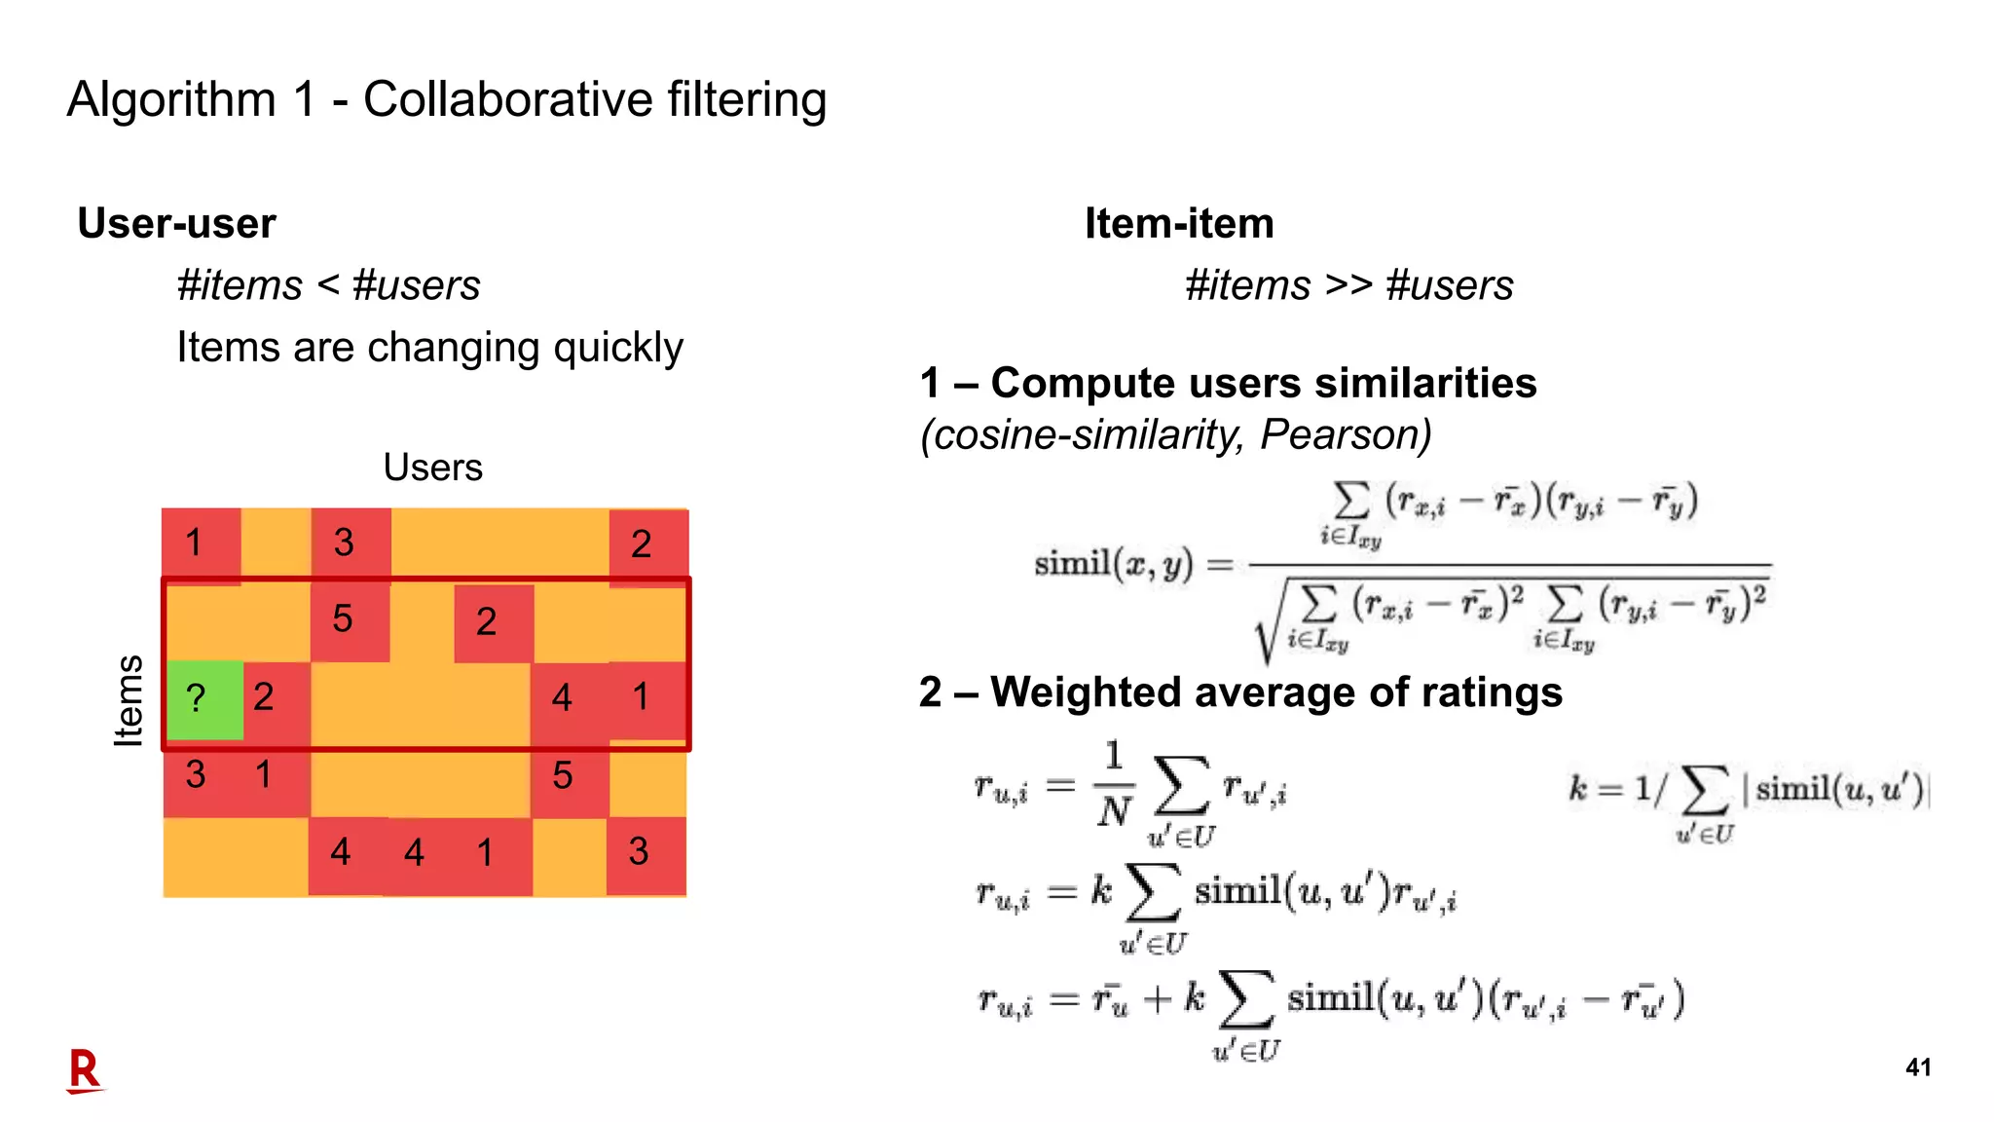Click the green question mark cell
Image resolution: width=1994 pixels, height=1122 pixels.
tap(203, 698)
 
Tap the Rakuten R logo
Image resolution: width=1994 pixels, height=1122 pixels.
tap(85, 1070)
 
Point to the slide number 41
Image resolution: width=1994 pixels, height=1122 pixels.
tap(1917, 1067)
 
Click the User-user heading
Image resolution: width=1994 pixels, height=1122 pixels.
tap(176, 224)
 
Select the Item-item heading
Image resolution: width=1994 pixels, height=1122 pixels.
tap(1179, 224)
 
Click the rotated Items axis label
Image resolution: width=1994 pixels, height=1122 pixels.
tap(129, 700)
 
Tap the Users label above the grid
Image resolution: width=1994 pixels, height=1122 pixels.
tap(432, 467)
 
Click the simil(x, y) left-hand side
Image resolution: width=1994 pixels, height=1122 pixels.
tap(1113, 564)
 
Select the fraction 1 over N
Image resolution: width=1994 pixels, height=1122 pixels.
tap(1114, 784)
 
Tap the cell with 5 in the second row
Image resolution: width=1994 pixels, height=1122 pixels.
tap(348, 620)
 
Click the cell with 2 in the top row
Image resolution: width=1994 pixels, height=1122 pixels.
tap(646, 544)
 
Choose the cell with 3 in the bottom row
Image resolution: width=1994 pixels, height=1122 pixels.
tap(645, 853)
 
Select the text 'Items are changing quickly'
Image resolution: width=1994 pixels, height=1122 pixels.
tap(429, 348)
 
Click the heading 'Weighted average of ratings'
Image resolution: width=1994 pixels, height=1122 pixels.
tap(1275, 692)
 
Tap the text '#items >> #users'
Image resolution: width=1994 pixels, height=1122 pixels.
tap(1348, 286)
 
